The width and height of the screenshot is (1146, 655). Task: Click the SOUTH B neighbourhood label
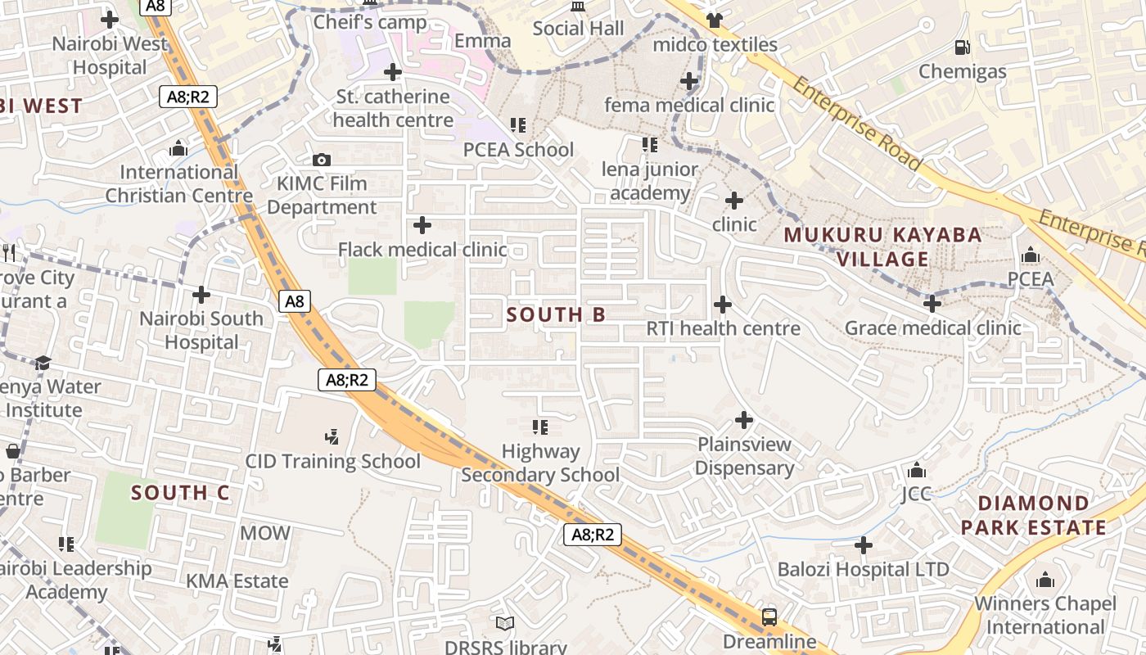coord(556,314)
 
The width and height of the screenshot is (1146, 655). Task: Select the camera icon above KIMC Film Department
coord(321,160)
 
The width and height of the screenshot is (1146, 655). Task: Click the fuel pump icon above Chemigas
coord(963,47)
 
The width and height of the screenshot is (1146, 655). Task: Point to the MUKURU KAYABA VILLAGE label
coord(882,246)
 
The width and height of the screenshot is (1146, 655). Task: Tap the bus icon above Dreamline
coord(769,617)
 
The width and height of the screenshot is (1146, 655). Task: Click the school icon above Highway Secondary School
coord(540,427)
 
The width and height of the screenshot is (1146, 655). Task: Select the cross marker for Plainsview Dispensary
coord(744,421)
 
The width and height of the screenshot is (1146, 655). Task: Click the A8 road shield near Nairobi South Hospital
coord(294,301)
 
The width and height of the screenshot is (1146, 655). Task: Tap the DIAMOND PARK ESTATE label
coord(1034,515)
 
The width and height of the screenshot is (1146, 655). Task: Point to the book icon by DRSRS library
coord(505,624)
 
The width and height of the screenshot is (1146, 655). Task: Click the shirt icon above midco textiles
coord(715,20)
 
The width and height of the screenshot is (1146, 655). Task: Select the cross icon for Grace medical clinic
coord(932,305)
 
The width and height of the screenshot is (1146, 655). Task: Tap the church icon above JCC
coord(917,471)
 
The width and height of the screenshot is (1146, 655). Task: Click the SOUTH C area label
coord(180,493)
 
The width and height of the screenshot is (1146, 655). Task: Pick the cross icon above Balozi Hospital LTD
coord(864,545)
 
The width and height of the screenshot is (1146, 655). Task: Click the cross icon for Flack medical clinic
coord(422,225)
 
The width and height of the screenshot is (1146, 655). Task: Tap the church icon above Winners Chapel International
coord(1045,580)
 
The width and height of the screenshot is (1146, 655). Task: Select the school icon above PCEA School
coord(518,125)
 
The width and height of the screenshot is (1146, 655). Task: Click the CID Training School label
coord(333,461)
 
